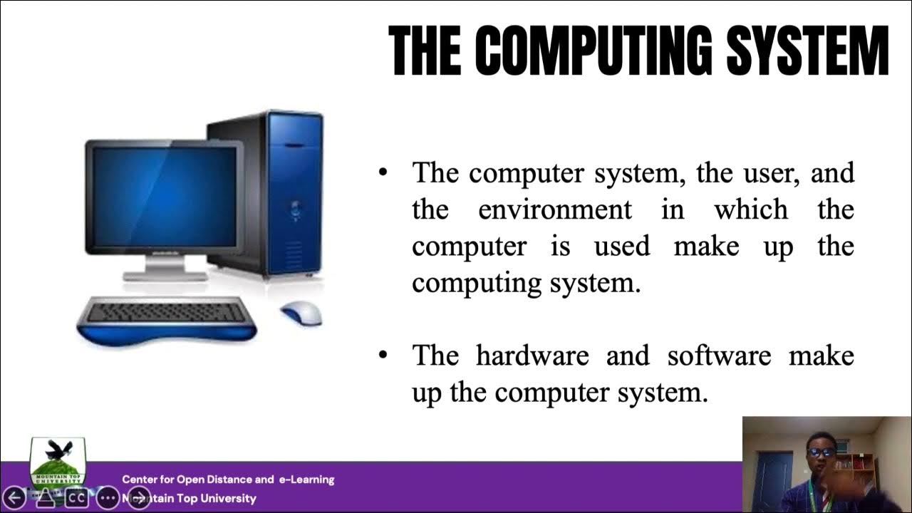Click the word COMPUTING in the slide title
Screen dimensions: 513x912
pos(593,51)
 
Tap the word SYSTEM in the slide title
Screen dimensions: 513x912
pos(807,51)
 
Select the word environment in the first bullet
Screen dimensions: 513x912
pos(555,210)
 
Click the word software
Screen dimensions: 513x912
pos(719,356)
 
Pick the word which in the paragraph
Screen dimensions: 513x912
pos(751,210)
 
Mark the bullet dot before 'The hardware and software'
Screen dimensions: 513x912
pos(384,354)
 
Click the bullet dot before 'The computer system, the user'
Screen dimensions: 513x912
pos(384,172)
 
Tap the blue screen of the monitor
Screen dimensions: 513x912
pos(165,197)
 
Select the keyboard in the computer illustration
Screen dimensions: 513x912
pos(167,313)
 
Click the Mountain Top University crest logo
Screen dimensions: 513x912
pos(57,462)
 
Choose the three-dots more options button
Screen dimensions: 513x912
pos(107,497)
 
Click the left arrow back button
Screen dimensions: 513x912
pos(14,497)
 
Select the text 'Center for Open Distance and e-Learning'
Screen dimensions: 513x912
pos(228,480)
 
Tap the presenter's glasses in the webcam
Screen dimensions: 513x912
pos(822,452)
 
